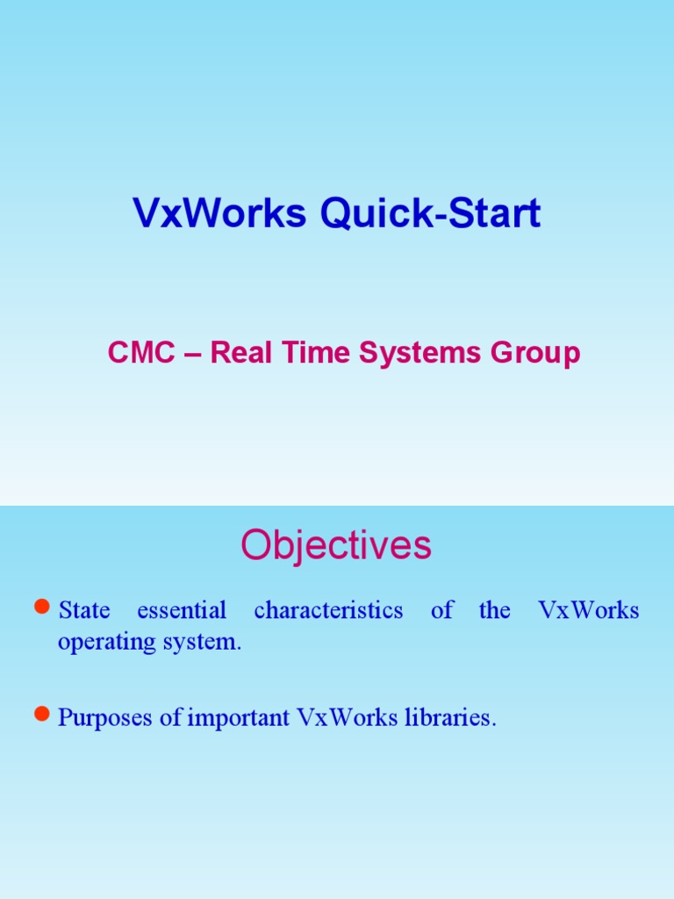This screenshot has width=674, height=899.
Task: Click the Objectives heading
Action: coord(336,545)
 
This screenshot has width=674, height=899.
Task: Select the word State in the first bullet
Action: coord(84,610)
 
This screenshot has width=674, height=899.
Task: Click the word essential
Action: coord(182,610)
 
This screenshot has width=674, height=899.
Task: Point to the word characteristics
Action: coord(328,610)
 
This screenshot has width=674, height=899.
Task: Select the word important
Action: coord(238,718)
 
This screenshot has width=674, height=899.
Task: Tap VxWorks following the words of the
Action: coord(589,610)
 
